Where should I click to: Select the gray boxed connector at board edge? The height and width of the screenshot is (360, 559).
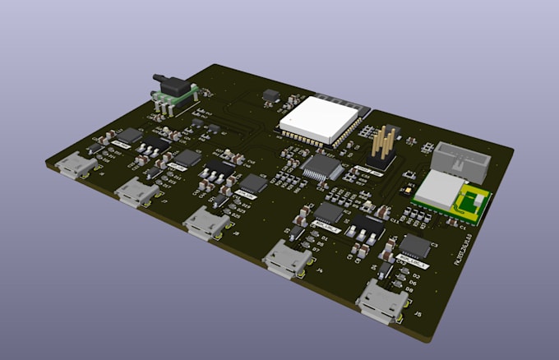tap(462, 159)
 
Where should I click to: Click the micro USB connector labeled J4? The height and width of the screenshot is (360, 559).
tap(287, 259)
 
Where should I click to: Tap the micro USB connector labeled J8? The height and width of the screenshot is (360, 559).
tap(206, 222)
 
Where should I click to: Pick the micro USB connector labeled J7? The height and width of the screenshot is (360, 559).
tap(136, 192)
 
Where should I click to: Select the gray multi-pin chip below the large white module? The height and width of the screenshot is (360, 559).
tap(322, 168)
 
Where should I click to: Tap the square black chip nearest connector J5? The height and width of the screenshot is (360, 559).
tap(414, 246)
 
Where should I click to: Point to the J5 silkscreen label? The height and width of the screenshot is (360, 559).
tap(418, 314)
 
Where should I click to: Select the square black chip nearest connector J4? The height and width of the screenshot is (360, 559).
tap(329, 213)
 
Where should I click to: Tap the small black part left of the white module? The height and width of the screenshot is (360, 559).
tap(269, 97)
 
